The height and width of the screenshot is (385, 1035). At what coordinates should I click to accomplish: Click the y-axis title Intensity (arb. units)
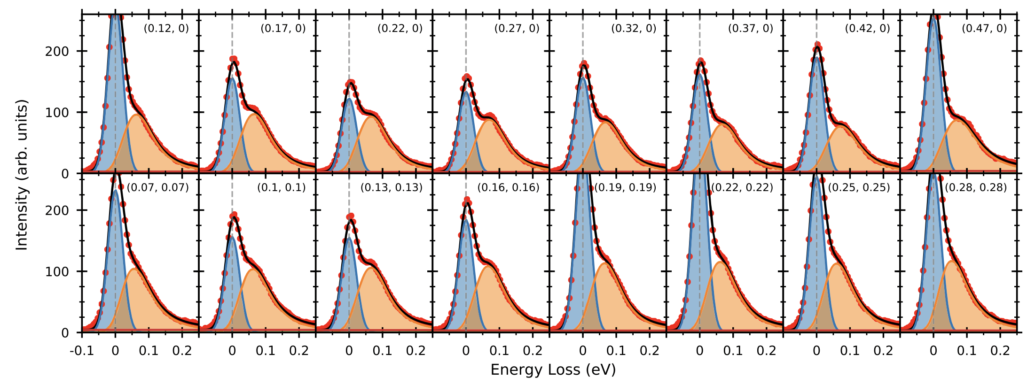(22, 174)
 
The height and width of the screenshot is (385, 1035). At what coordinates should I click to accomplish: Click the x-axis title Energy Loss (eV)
(553, 370)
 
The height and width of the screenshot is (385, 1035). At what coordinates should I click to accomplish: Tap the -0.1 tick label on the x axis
(82, 351)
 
